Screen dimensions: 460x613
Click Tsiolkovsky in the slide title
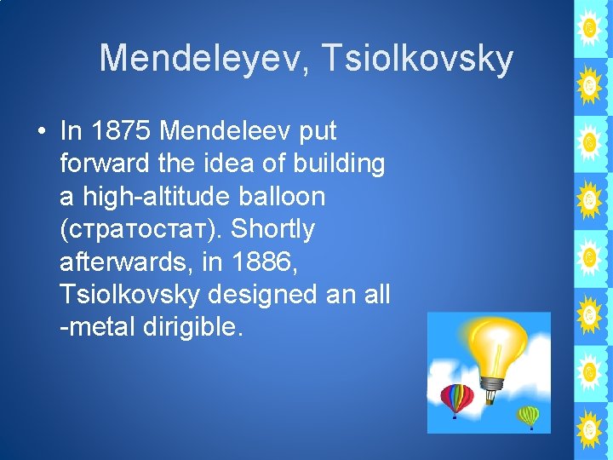(428, 59)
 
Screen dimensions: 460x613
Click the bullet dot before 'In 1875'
(40, 132)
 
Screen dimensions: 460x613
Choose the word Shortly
(273, 229)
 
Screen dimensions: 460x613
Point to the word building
(340, 164)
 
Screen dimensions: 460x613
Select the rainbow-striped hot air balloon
(456, 399)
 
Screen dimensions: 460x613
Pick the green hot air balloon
(529, 417)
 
